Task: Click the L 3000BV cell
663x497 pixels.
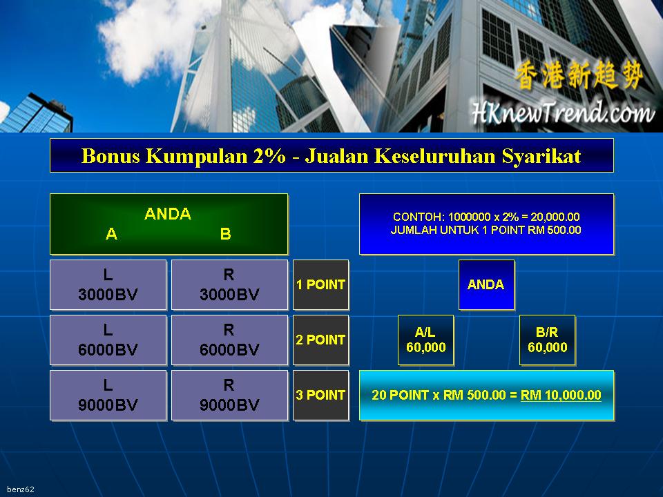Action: coord(108,285)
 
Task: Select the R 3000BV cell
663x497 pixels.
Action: coord(229,285)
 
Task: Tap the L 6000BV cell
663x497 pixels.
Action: coord(108,340)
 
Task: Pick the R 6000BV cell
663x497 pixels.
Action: coord(229,340)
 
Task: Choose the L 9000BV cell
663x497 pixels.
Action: coord(108,395)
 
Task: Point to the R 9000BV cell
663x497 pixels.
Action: coord(229,395)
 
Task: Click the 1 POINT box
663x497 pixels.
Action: coord(321,285)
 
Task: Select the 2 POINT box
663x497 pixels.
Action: coord(321,340)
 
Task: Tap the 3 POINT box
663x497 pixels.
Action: coord(321,395)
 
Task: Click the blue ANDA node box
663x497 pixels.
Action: coord(486,285)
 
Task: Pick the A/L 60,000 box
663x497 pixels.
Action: coord(426,340)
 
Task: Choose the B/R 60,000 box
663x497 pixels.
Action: coord(547,340)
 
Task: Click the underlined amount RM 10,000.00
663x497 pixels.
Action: coord(561,395)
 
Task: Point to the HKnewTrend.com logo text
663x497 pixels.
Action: coord(563,113)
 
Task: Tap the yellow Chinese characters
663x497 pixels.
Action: coord(579,75)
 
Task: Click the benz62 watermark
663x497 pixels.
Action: coord(21,489)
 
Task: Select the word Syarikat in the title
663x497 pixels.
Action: coord(541,157)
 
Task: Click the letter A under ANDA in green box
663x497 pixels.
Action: coord(111,234)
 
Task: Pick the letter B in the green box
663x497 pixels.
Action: coord(225,234)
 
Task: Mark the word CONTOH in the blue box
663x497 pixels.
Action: coord(418,217)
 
